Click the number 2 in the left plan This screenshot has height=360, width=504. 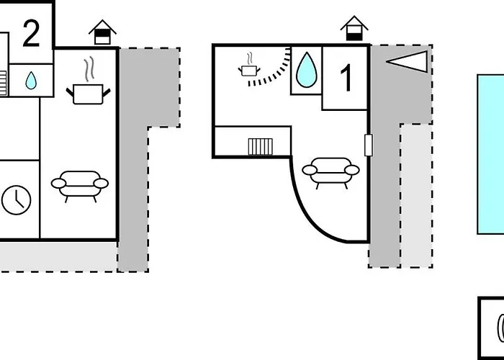point(30,34)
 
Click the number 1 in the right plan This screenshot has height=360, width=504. point(346,78)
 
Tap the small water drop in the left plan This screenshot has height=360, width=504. point(31,81)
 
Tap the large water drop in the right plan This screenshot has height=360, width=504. point(306,70)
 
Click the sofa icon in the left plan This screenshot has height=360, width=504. point(79,184)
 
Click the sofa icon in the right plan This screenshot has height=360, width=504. point(330,173)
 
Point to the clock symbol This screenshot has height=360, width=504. point(16,199)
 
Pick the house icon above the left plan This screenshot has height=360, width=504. point(102,32)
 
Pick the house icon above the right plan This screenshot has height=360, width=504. point(354,28)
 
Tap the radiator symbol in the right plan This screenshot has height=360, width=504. point(260,147)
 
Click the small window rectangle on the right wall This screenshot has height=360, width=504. point(369,145)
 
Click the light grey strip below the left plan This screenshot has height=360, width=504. point(58,256)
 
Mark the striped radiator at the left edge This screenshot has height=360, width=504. point(3,81)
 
